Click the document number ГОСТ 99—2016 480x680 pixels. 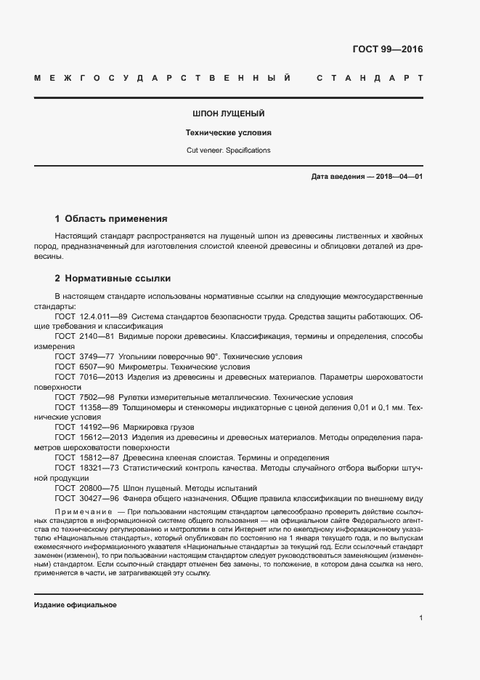[x=387, y=49]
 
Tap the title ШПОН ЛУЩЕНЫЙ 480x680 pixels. [x=228, y=114]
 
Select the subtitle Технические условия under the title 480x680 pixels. [x=228, y=133]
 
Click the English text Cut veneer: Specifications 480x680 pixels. [x=228, y=151]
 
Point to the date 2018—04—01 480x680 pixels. [x=397, y=177]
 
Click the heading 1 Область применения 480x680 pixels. [x=111, y=218]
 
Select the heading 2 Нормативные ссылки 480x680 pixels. [x=113, y=279]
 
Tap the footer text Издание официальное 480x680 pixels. [x=76, y=605]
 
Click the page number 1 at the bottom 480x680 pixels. [x=420, y=618]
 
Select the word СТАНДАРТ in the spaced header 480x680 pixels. [x=370, y=78]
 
